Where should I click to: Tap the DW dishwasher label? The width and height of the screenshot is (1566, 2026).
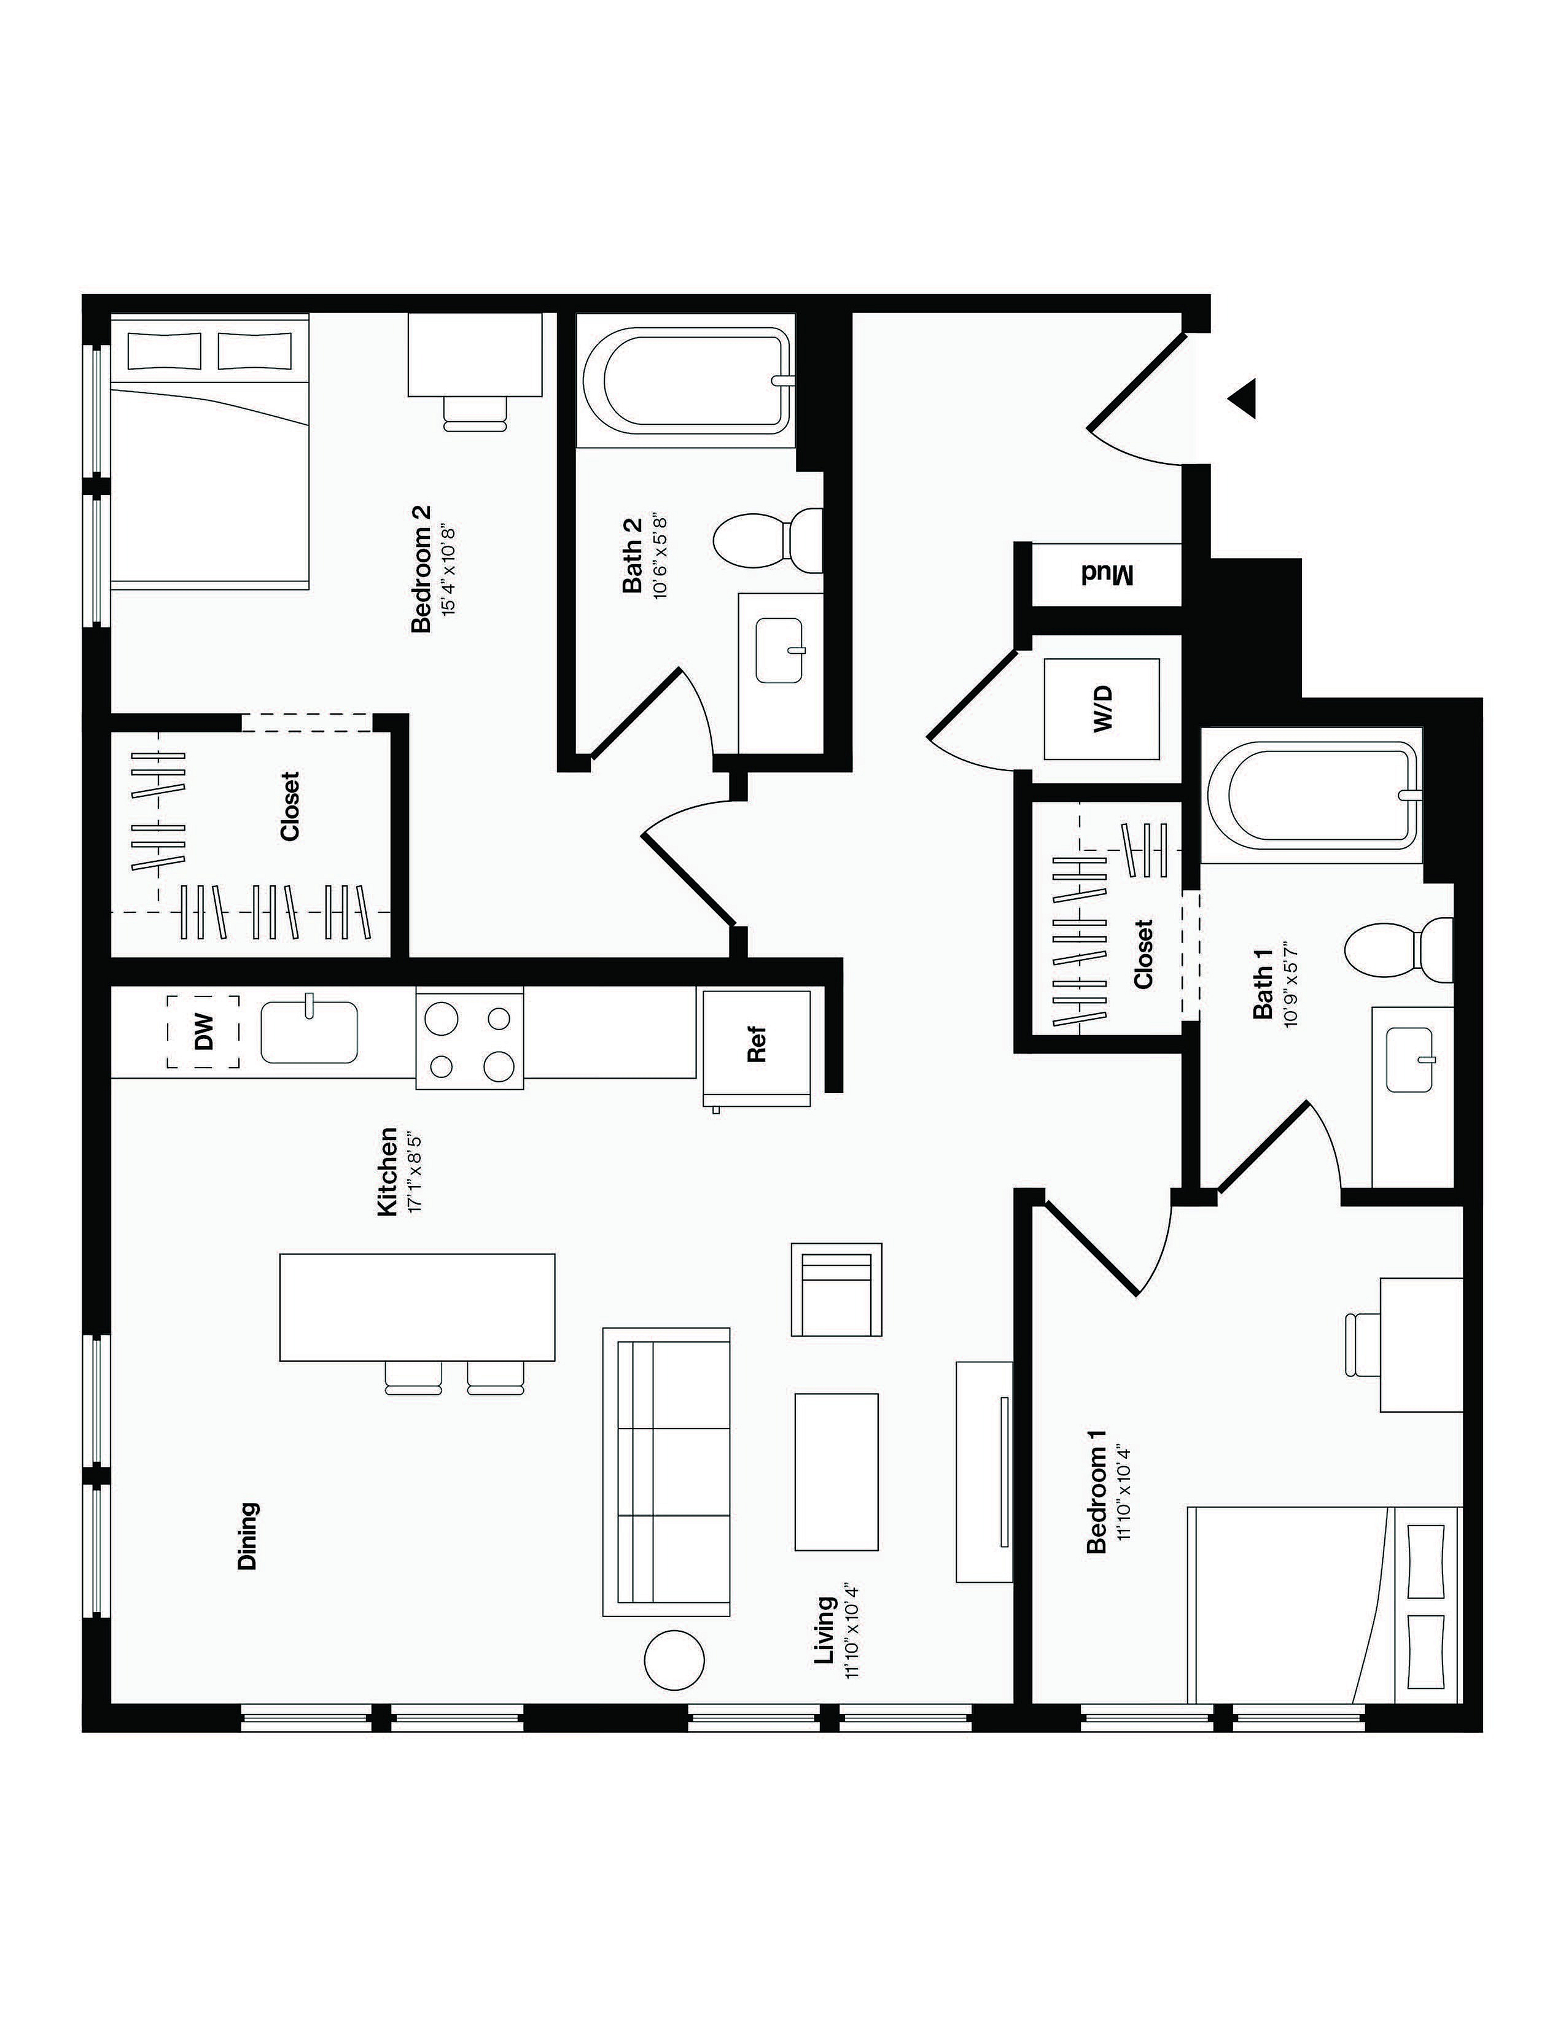(204, 1031)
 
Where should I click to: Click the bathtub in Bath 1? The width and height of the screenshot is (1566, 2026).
(1312, 795)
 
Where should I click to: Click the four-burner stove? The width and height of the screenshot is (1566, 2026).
(469, 1037)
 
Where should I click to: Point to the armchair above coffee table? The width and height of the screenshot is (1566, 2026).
(836, 1289)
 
